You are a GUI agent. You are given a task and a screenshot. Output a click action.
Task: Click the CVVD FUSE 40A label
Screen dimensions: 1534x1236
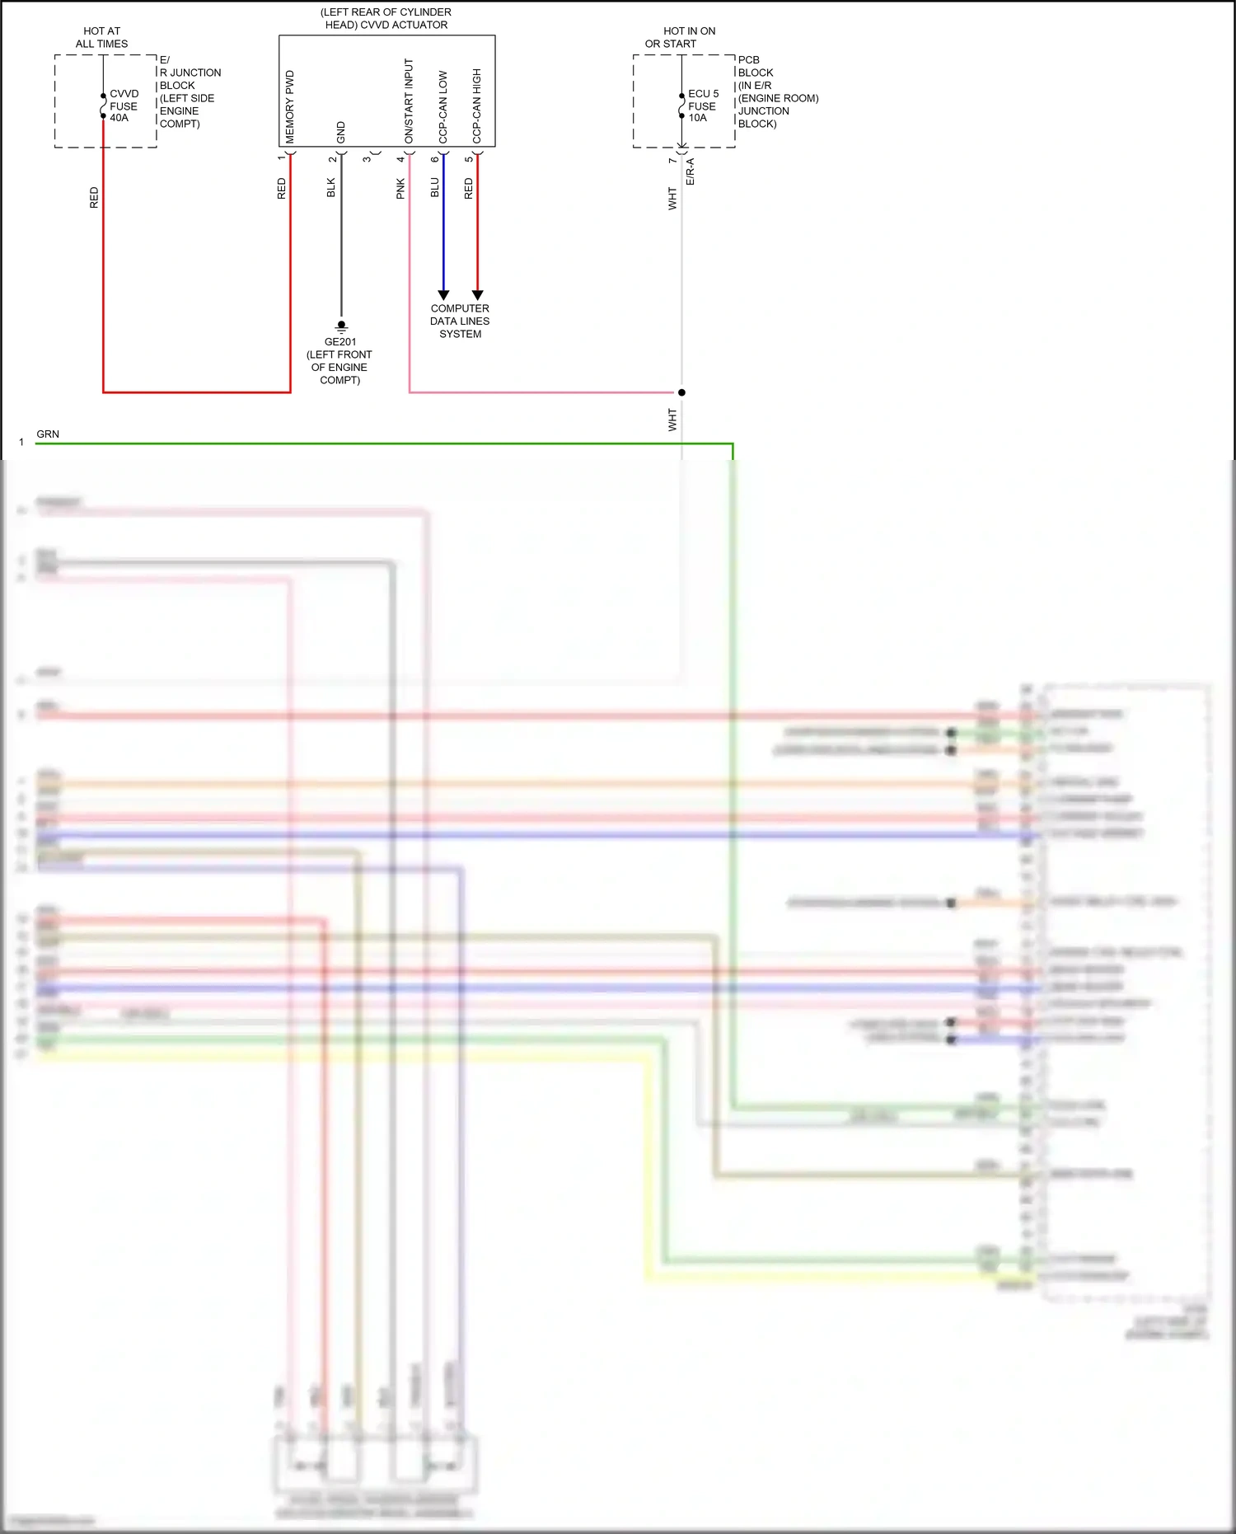[x=124, y=106]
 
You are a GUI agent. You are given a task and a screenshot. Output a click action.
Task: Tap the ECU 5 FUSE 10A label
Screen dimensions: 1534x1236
[x=703, y=106]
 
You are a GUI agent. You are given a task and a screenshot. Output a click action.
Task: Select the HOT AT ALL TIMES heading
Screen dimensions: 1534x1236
[x=101, y=37]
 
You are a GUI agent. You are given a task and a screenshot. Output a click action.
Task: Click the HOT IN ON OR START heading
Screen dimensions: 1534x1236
[x=681, y=37]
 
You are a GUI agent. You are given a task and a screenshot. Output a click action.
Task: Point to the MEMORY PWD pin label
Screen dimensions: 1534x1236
[x=290, y=106]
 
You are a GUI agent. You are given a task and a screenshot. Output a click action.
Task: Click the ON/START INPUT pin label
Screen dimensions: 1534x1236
[x=409, y=101]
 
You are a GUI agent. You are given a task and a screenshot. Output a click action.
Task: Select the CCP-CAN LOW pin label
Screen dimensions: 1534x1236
[x=443, y=106]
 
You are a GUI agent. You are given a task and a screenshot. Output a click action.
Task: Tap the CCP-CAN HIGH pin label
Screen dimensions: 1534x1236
[x=477, y=106]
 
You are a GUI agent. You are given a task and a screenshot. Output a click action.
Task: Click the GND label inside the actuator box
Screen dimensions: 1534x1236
[x=341, y=132]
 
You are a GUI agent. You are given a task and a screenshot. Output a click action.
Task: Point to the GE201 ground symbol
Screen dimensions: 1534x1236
[x=341, y=326]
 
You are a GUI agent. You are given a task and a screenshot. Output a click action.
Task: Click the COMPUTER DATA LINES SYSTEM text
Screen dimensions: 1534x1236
[x=460, y=321]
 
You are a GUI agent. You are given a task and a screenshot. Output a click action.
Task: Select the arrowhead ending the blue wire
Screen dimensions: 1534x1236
[x=443, y=294]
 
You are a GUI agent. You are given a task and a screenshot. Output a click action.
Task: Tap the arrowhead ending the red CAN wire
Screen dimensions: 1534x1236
[x=477, y=294]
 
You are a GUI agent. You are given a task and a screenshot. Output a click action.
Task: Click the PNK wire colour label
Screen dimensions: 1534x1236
[x=400, y=189]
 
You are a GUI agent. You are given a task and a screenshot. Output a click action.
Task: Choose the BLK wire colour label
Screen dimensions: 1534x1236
[x=331, y=188]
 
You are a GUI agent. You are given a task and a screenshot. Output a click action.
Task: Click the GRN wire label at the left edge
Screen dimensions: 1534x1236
[x=48, y=434]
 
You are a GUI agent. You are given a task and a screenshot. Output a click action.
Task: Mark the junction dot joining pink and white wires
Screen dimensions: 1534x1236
[x=681, y=392]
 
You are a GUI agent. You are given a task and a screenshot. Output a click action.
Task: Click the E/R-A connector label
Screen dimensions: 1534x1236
[x=691, y=171]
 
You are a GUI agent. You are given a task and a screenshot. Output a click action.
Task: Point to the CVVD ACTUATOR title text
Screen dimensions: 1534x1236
[x=386, y=18]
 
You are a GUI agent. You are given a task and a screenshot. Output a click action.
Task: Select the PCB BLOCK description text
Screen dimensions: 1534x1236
[x=777, y=91]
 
